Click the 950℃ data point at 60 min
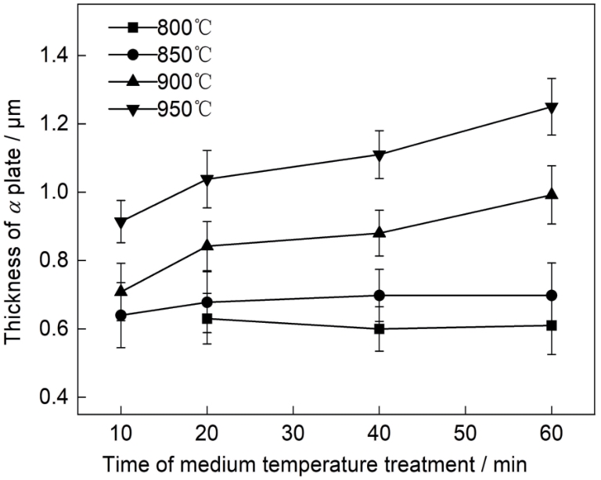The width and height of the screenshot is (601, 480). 552,107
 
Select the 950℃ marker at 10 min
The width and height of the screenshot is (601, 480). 121,223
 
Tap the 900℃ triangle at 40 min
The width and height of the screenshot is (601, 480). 380,232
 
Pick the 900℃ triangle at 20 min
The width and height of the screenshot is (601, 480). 207,245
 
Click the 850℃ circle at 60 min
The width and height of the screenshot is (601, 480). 552,296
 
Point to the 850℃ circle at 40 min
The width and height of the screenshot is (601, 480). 380,296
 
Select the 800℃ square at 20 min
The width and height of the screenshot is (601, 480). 207,318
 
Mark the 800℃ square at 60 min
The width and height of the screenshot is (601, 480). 552,325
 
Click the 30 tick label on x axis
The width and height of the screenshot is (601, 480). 293,432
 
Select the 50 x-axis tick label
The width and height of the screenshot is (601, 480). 466,432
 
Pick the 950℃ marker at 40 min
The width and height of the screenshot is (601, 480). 380,155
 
